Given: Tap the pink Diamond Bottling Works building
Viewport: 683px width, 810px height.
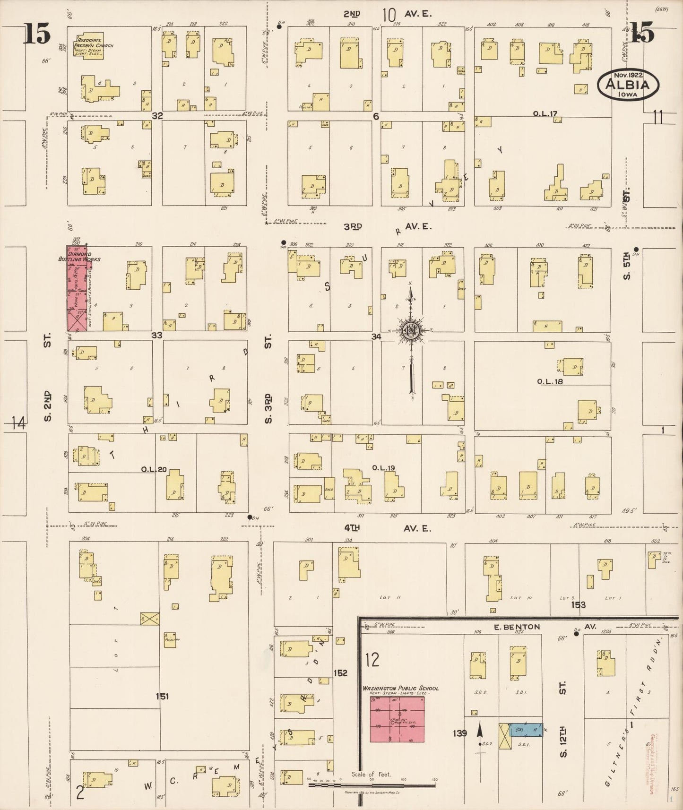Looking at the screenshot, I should pyautogui.click(x=76, y=288).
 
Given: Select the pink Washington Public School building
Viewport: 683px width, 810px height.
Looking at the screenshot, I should pyautogui.click(x=397, y=719).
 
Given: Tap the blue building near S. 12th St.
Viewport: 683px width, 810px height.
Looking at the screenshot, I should pyautogui.click(x=527, y=730).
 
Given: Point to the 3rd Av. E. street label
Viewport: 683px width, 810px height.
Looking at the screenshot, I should pyautogui.click(x=388, y=226).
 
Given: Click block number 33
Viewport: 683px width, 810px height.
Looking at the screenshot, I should pyautogui.click(x=157, y=335).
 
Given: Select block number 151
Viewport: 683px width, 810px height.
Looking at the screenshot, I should pyautogui.click(x=162, y=696).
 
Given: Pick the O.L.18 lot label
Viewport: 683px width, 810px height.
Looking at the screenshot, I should pyautogui.click(x=550, y=381).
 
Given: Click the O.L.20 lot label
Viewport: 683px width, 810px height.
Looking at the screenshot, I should pyautogui.click(x=154, y=469).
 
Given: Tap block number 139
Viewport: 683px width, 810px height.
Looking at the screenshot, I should pyautogui.click(x=459, y=733).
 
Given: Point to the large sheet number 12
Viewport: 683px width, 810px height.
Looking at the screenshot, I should pyautogui.click(x=372, y=660).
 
